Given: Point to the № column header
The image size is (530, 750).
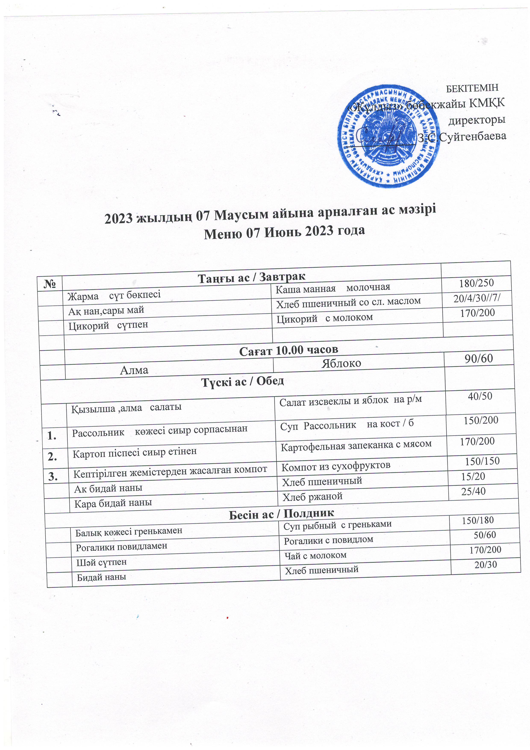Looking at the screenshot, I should (x=50, y=283).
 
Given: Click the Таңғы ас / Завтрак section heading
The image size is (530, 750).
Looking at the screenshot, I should (x=252, y=277).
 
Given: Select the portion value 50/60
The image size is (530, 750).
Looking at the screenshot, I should (x=485, y=535).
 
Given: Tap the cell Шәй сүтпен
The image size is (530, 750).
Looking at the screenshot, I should (x=101, y=562).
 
